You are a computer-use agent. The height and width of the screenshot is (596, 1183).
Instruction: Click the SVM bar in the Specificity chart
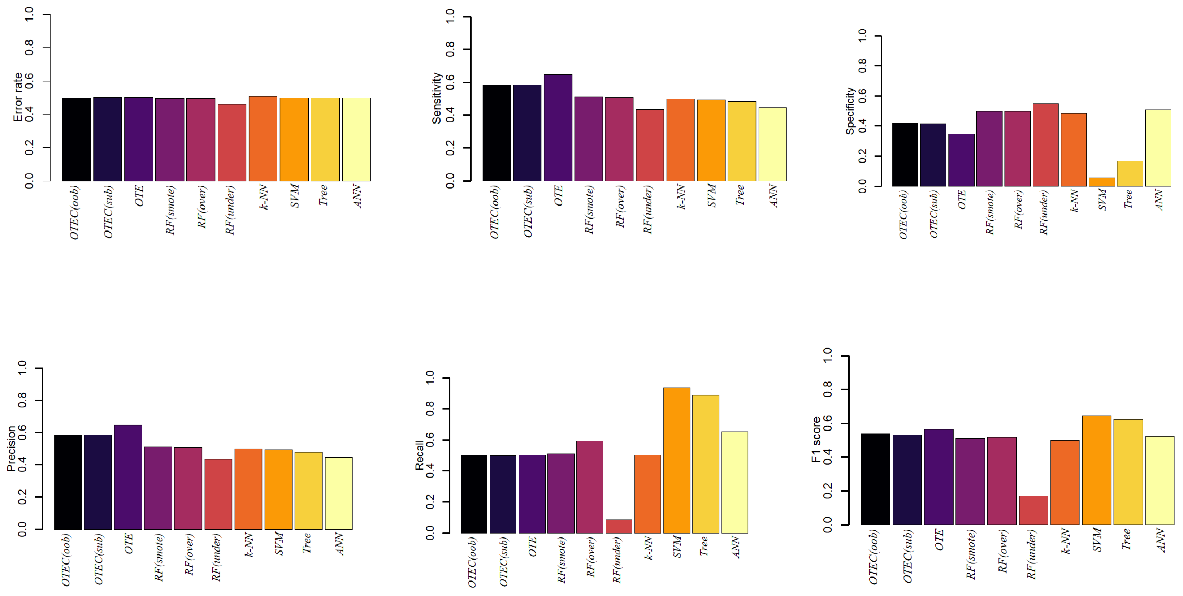click(1101, 182)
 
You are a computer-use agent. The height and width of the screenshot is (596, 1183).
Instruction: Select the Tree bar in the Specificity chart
click(1130, 174)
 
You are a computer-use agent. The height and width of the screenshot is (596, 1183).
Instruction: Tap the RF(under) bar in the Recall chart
click(619, 527)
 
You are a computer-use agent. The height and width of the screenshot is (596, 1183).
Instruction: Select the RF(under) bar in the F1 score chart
click(1033, 510)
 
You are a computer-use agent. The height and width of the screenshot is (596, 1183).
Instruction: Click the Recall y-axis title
click(419, 455)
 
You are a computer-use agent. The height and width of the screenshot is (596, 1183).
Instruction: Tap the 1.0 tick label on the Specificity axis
click(862, 35)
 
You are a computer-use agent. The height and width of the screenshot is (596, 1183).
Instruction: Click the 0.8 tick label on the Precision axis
click(22, 400)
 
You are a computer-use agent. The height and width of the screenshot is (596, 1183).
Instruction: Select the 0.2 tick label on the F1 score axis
click(828, 491)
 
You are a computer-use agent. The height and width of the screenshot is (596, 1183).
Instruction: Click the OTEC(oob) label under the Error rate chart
click(74, 212)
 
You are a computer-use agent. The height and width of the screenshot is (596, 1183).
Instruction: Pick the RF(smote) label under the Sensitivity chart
click(589, 210)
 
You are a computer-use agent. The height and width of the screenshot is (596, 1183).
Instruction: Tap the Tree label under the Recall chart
click(703, 547)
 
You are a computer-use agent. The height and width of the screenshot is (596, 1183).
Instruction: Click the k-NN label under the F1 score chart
click(1065, 541)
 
